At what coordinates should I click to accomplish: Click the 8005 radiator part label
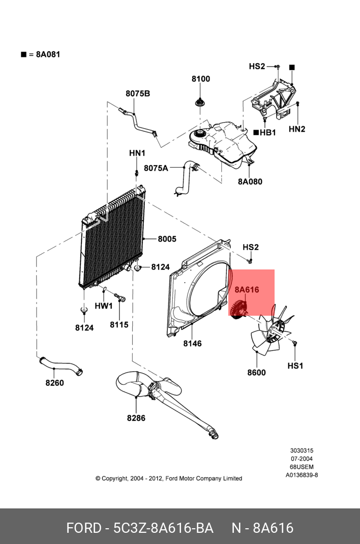[167, 239]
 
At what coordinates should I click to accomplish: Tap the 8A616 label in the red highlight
[247, 290]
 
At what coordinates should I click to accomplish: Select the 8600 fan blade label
[256, 373]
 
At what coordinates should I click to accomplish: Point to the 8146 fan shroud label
[192, 344]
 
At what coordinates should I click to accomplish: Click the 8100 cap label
[201, 79]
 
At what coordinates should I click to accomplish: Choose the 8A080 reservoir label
[250, 182]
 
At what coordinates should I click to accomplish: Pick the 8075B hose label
[138, 93]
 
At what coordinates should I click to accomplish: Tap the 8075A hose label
[156, 168]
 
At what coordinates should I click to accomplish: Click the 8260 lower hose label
[54, 383]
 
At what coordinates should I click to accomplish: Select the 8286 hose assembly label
[136, 418]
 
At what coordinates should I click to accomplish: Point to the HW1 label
[104, 306]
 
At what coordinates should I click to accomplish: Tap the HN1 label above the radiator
[137, 153]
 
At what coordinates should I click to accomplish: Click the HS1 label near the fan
[295, 366]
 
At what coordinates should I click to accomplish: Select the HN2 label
[297, 129]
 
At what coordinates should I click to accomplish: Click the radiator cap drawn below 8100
[200, 102]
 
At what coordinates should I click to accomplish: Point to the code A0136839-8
[302, 475]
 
